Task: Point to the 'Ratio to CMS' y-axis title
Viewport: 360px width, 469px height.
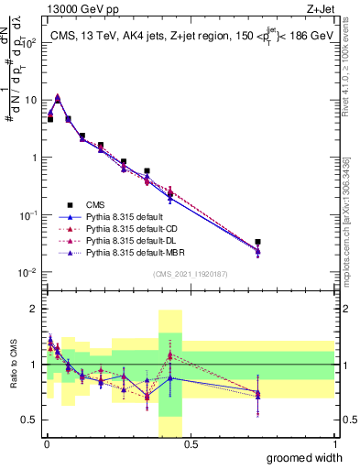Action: pyautogui.click(x=12, y=365)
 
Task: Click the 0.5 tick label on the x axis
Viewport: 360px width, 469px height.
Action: pyautogui.click(x=190, y=444)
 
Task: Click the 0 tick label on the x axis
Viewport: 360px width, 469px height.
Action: pyautogui.click(x=45, y=444)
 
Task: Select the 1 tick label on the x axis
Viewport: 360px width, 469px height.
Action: pyautogui.click(x=333, y=444)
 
